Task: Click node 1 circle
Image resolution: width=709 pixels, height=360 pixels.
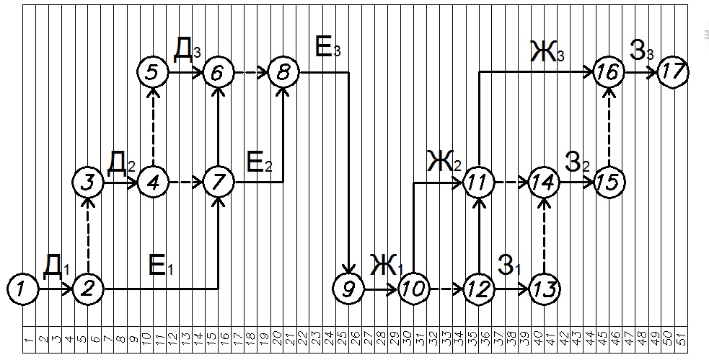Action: (24, 289)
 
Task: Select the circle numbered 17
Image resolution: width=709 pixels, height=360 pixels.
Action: (673, 72)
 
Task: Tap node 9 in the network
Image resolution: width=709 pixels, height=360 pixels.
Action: (349, 289)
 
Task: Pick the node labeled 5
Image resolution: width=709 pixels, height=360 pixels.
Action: (153, 72)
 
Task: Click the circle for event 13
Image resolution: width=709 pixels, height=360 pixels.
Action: (544, 289)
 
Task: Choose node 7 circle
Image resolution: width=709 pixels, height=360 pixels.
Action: (218, 182)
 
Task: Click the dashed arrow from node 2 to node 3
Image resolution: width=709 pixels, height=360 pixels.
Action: (88, 235)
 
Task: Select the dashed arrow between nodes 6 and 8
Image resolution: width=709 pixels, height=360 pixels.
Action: (250, 72)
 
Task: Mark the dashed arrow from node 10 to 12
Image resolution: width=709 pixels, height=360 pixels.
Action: (446, 289)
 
